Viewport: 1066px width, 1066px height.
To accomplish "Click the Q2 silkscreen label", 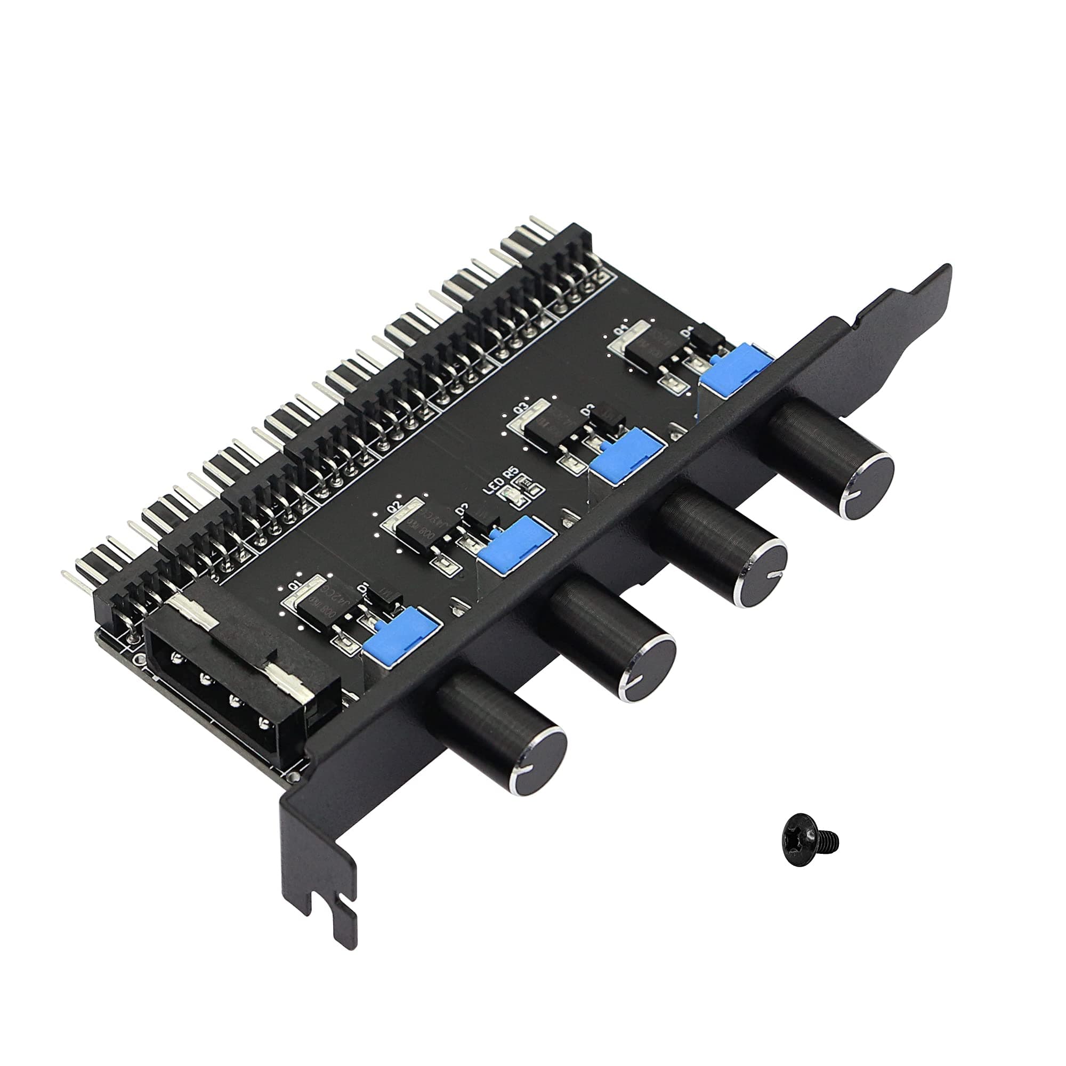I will tap(395, 506).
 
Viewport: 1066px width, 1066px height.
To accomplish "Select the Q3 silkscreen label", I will tap(520, 409).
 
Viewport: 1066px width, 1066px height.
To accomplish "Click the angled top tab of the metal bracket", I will tap(905, 298).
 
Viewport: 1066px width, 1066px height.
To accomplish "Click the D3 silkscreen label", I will tap(586, 409).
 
